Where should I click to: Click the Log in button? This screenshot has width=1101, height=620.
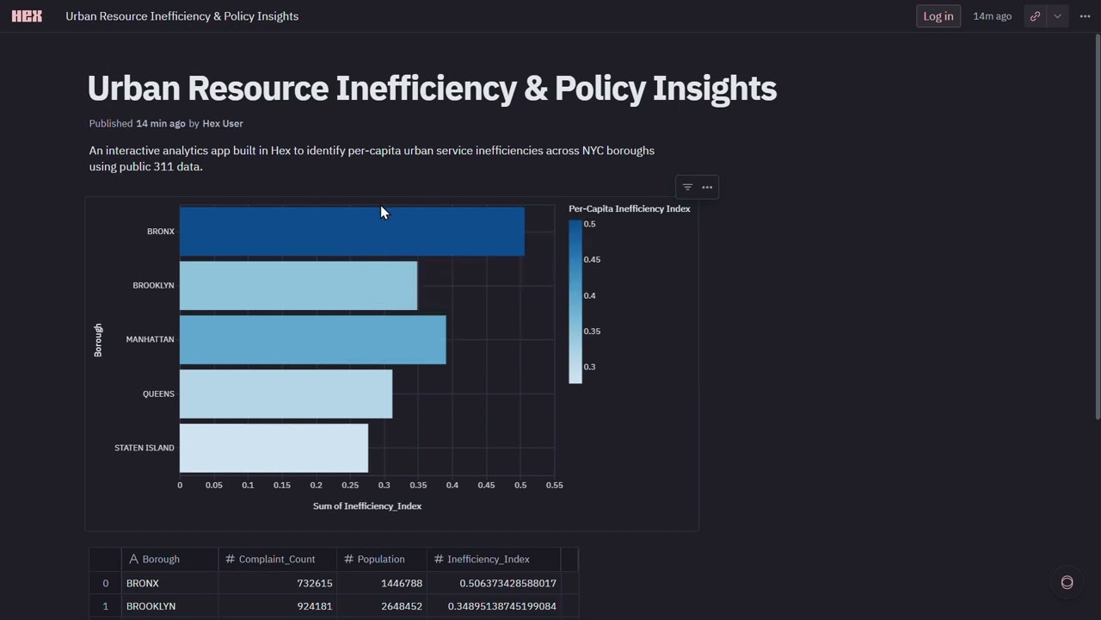click(x=938, y=16)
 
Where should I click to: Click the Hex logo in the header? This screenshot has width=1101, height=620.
click(x=27, y=16)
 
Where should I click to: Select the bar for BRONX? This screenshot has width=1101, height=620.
click(x=351, y=231)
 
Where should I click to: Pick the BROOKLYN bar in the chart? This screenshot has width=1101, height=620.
click(x=298, y=285)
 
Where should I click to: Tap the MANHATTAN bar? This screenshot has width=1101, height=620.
click(x=312, y=339)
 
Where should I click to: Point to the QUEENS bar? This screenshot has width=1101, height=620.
click(x=286, y=394)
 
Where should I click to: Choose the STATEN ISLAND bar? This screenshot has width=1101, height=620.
click(x=274, y=448)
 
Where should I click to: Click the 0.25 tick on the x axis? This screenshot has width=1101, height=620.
click(x=350, y=486)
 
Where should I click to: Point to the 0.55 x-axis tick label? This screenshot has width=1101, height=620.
click(x=554, y=486)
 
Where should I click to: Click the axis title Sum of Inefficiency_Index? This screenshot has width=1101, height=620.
click(x=367, y=506)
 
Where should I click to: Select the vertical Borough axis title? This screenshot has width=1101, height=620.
click(x=98, y=340)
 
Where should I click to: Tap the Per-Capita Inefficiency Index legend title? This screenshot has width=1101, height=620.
click(x=629, y=209)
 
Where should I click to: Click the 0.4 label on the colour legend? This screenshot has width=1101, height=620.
click(x=589, y=295)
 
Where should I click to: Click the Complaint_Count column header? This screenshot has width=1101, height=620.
click(x=276, y=560)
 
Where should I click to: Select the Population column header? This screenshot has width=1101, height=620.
click(x=380, y=560)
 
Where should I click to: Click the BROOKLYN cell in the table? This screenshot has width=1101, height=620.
click(x=151, y=606)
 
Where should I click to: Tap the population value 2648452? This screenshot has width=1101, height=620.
click(x=402, y=606)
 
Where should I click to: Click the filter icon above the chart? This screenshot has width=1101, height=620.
click(x=687, y=187)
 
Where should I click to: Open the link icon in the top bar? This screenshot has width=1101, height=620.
click(x=1035, y=16)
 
